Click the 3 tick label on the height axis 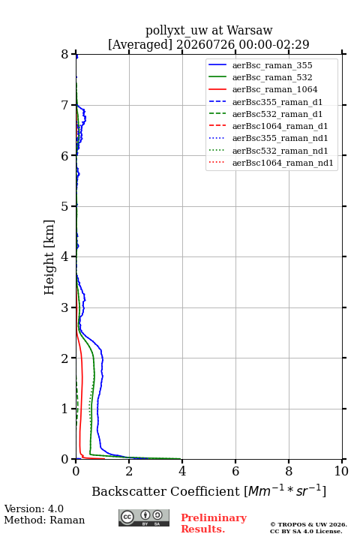tap(65, 307)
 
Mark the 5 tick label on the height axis tap(65, 206)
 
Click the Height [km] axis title tap(49, 257)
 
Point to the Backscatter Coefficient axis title tap(208, 490)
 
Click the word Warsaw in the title tap(250, 30)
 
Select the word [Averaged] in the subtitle tap(140, 44)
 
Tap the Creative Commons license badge tap(144, 517)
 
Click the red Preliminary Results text tap(214, 523)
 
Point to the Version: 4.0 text tap(34, 508)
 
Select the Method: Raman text tap(44, 520)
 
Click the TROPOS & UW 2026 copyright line tap(309, 524)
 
